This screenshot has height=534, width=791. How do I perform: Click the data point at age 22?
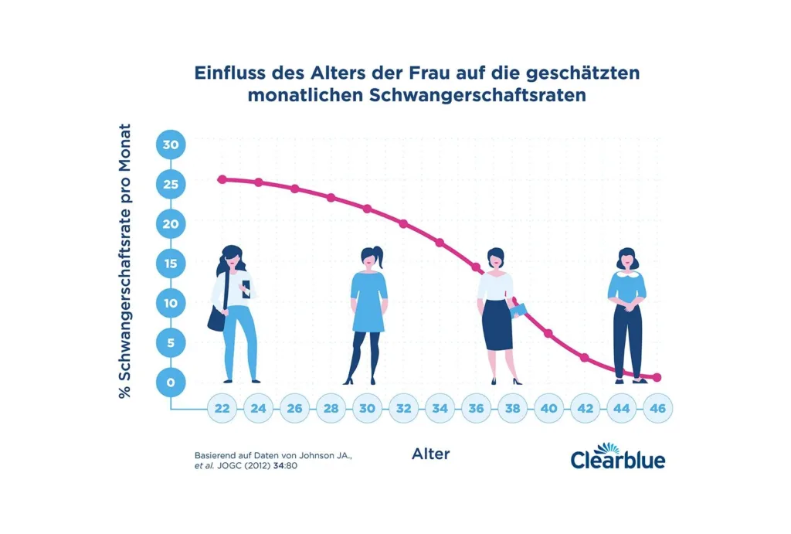222,179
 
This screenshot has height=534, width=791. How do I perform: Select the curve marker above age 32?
403,224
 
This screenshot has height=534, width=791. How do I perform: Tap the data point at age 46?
657,377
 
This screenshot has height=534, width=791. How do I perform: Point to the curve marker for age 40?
548,334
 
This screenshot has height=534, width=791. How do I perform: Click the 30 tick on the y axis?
170,145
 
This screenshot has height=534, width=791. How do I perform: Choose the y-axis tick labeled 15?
170,264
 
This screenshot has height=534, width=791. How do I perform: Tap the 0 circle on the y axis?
170,382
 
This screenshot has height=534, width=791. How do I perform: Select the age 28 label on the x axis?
331,409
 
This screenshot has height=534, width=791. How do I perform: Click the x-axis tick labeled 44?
621,409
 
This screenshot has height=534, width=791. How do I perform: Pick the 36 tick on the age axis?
476,409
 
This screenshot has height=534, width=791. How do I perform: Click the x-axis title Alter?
430,454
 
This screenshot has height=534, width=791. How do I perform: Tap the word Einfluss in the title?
229,74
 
